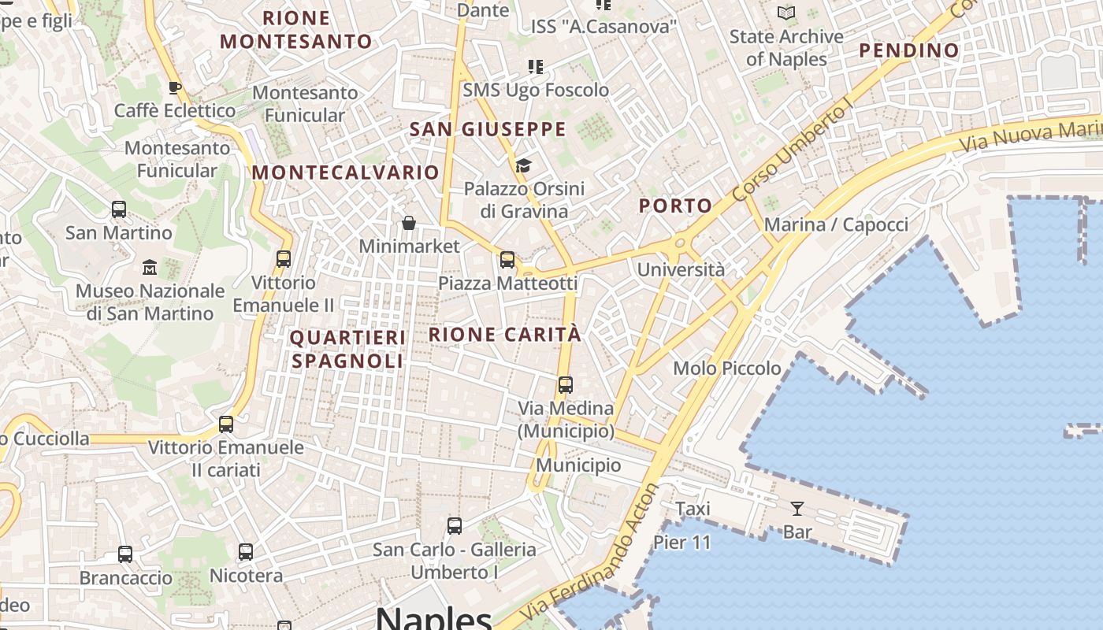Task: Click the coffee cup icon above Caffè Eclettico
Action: pyautogui.click(x=175, y=87)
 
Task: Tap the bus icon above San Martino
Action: pyautogui.click(x=119, y=209)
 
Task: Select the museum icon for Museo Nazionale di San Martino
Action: pyautogui.click(x=150, y=267)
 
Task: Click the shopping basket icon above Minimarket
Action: pyautogui.click(x=408, y=223)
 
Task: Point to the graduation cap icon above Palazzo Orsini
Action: pyautogui.click(x=523, y=165)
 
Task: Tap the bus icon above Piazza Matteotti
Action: pyautogui.click(x=507, y=260)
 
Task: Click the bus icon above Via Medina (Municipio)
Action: pyautogui.click(x=565, y=385)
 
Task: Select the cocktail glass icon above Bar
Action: pyautogui.click(x=797, y=509)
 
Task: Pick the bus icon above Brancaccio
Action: pyautogui.click(x=125, y=554)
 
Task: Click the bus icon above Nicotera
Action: pyautogui.click(x=246, y=552)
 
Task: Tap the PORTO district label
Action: pyautogui.click(x=675, y=206)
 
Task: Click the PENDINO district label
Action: pyautogui.click(x=909, y=51)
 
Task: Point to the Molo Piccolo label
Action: pyautogui.click(x=727, y=369)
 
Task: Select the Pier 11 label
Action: pyautogui.click(x=682, y=543)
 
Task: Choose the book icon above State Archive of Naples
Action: pyautogui.click(x=785, y=13)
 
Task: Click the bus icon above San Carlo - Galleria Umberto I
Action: pyautogui.click(x=454, y=526)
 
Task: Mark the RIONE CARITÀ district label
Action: pyautogui.click(x=505, y=335)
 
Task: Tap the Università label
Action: pyautogui.click(x=681, y=270)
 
